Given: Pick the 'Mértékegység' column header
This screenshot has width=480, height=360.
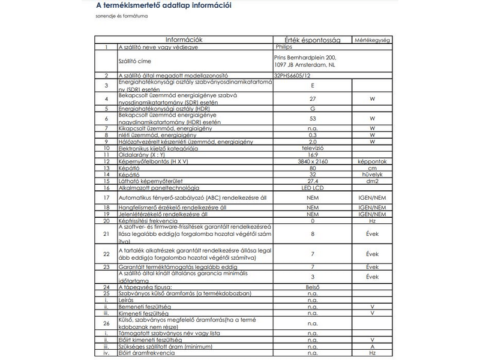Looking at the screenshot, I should click(372, 40).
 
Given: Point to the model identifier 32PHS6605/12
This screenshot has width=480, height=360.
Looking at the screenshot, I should click(292, 76).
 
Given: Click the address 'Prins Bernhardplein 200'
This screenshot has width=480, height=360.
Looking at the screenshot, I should click(298, 57).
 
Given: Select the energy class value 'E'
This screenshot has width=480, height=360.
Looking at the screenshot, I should click(312, 86).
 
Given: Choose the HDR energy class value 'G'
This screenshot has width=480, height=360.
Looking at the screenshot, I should click(312, 109).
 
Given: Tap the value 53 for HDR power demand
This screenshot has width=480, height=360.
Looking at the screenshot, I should click(312, 118).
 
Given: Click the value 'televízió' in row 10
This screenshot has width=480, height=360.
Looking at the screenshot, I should click(312, 148).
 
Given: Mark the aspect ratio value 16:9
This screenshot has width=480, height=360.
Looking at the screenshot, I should click(312, 154).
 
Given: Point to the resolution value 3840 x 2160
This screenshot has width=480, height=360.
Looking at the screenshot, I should click(312, 161).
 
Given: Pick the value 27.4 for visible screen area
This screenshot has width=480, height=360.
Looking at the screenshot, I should click(312, 181).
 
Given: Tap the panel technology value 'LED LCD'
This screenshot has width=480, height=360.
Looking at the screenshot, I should click(312, 188).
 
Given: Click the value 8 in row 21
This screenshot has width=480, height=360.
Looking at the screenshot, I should click(312, 234).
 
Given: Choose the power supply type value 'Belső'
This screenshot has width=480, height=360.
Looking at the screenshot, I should click(312, 287).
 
